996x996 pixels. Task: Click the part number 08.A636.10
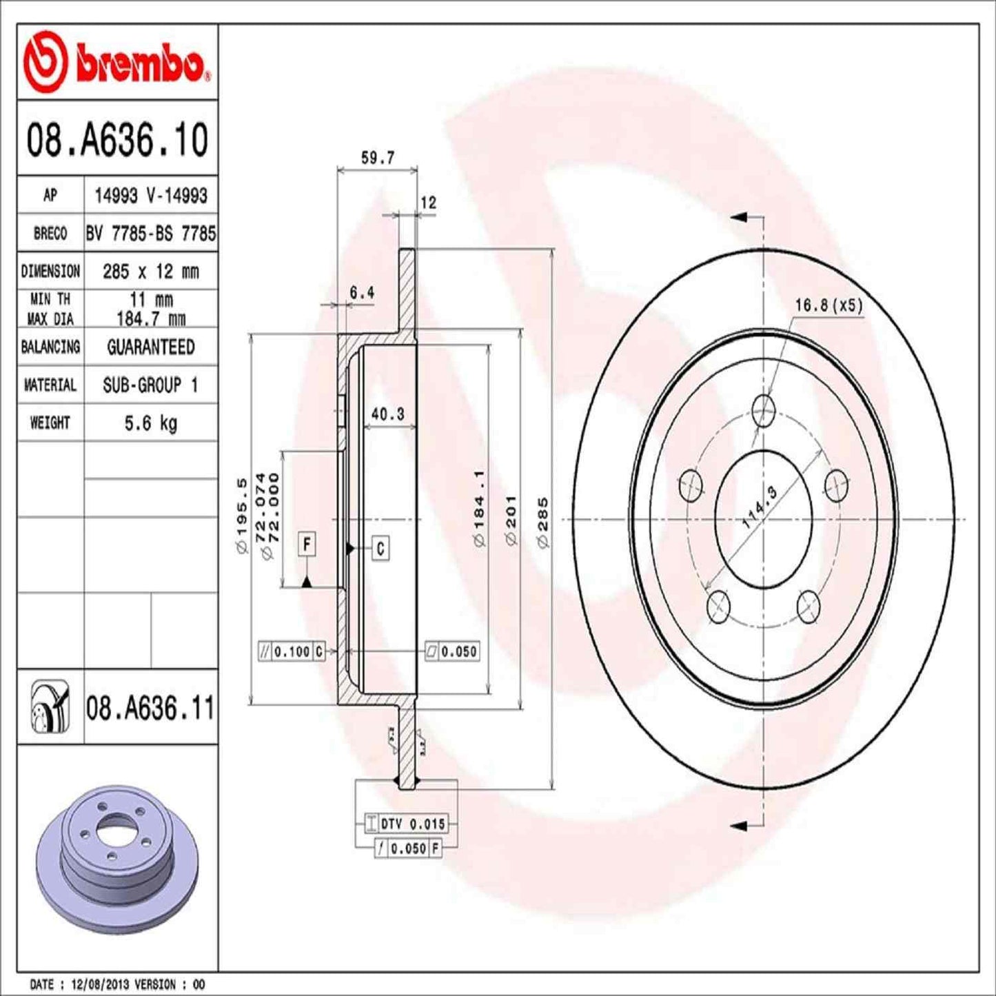tap(117, 139)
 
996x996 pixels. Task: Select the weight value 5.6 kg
tap(150, 423)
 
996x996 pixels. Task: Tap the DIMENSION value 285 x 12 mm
tap(150, 272)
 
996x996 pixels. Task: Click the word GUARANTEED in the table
tap(150, 347)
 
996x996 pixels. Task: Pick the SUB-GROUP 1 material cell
tap(150, 385)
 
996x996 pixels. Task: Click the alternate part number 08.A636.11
tap(150, 708)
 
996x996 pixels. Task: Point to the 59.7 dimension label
tap(378, 158)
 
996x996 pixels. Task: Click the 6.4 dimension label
tap(361, 293)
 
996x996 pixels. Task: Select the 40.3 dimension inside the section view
tap(387, 414)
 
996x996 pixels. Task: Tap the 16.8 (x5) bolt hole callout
tap(829, 305)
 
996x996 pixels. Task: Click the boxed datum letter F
tap(307, 545)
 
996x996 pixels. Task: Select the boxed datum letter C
tap(380, 548)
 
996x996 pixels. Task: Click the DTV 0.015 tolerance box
tap(412, 824)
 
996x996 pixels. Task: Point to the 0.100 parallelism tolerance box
tap(292, 651)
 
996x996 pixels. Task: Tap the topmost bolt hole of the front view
tap(763, 411)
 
